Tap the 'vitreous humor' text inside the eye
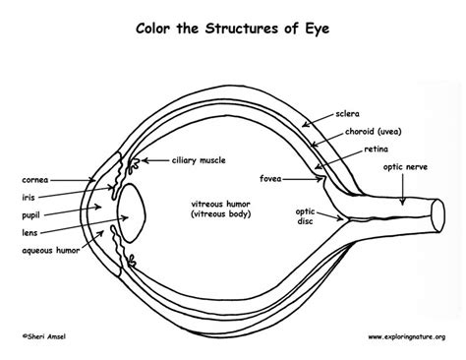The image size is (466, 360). (221, 203)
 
